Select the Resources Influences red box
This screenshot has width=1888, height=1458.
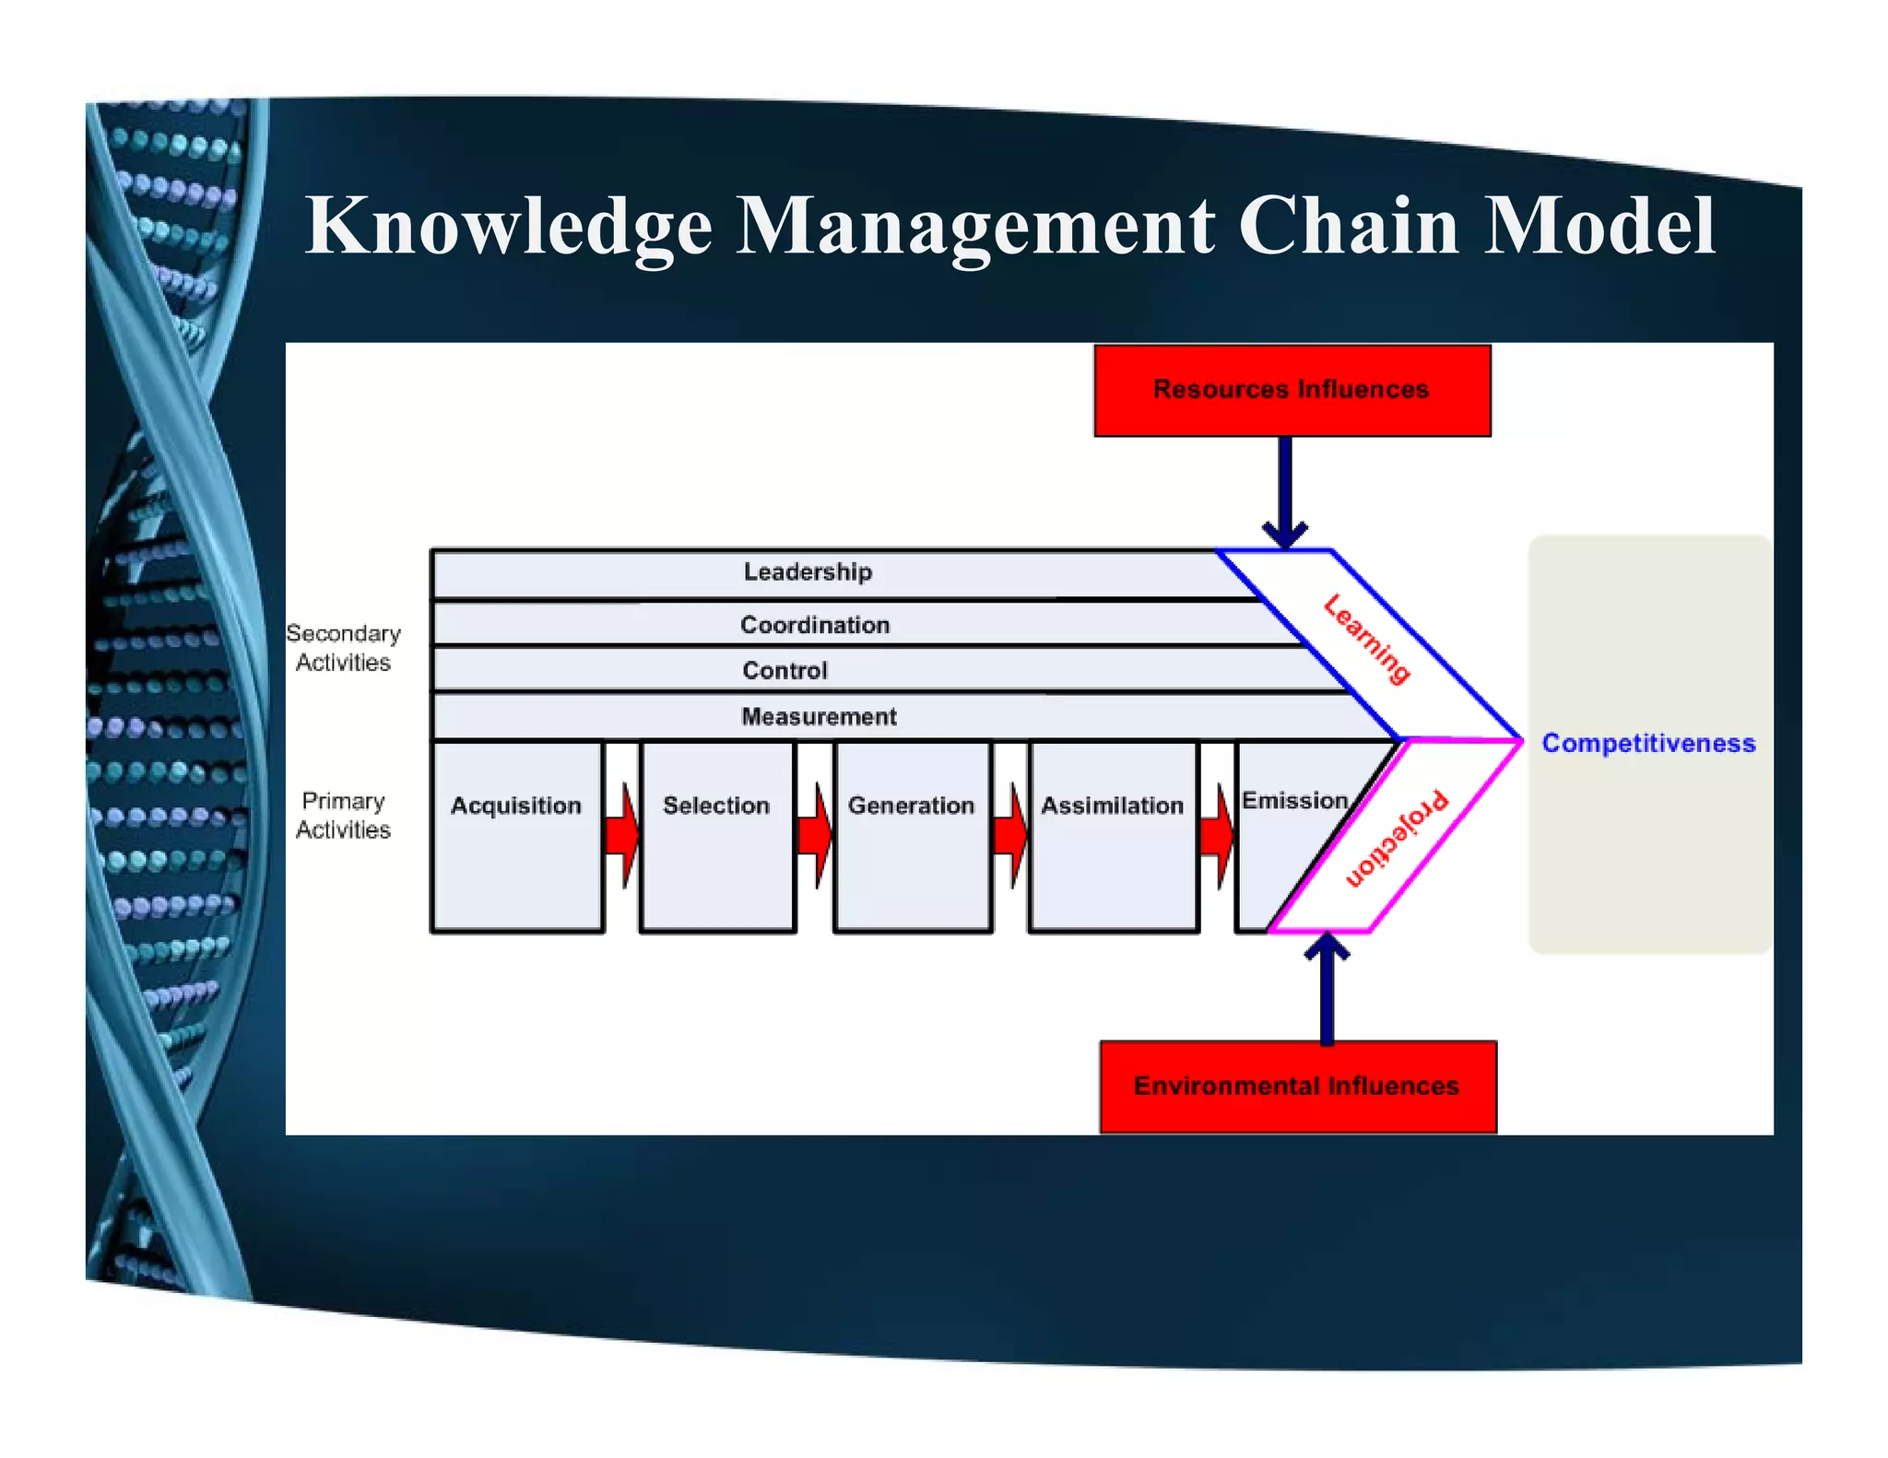(1292, 391)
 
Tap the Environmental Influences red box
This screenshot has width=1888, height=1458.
(1297, 1087)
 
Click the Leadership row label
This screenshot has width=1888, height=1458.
(808, 572)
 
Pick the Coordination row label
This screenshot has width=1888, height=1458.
(815, 625)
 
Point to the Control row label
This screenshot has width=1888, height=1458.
(785, 670)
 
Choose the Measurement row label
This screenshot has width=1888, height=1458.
(819, 716)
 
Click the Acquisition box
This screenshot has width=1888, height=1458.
(516, 835)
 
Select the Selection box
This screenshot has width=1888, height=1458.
(716, 835)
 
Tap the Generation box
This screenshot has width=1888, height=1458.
(912, 835)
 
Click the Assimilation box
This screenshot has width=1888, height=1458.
(1113, 835)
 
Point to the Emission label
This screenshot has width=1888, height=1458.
(1294, 801)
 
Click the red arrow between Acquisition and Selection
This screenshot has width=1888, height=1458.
(622, 835)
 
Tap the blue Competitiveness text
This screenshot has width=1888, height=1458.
(1648, 744)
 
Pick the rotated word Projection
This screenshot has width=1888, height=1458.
(1397, 839)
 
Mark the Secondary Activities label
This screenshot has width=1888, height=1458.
(343, 648)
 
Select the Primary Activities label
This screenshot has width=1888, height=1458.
(343, 816)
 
